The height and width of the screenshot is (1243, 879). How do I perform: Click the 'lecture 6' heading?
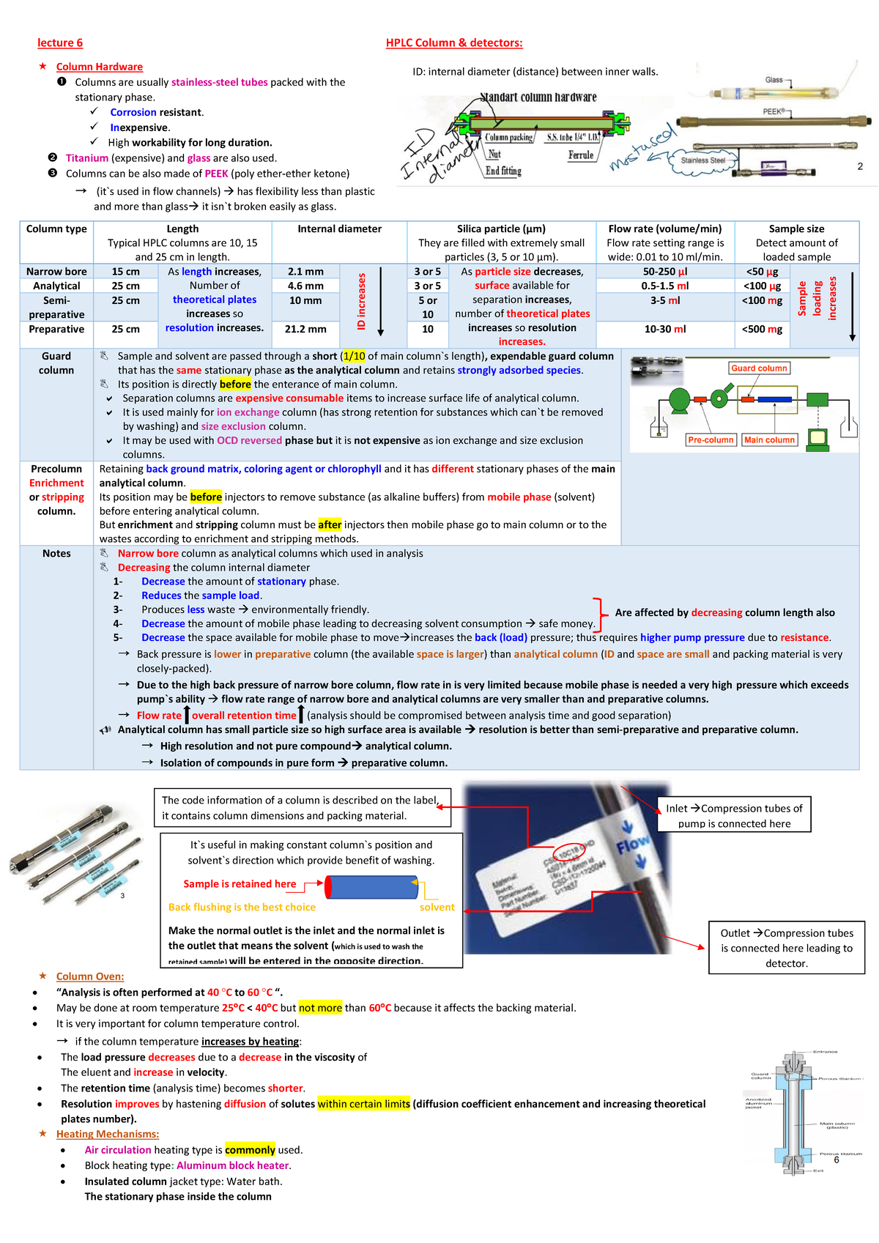click(60, 43)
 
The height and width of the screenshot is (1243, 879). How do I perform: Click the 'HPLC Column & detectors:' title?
click(454, 43)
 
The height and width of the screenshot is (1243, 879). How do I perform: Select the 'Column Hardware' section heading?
click(100, 67)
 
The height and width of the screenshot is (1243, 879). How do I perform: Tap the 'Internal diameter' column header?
click(339, 229)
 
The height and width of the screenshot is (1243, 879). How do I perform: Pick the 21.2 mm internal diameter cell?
click(305, 330)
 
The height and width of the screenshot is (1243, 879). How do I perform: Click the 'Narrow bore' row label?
click(56, 272)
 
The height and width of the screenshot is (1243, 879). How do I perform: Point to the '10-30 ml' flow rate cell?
click(665, 330)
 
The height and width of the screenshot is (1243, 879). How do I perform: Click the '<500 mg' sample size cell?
click(762, 330)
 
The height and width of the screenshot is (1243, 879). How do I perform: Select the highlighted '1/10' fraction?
click(354, 357)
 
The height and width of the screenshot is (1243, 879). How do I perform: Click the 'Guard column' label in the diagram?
click(759, 368)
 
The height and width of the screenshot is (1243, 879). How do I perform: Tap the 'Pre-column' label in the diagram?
click(711, 440)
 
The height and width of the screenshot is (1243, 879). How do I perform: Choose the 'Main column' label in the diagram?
click(769, 440)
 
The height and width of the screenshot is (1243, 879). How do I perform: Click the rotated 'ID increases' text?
click(362, 301)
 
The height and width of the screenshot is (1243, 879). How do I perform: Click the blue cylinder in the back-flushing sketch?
click(371, 887)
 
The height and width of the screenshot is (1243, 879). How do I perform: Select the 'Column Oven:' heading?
click(90, 976)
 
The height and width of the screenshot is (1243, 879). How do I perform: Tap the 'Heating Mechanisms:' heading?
click(108, 1135)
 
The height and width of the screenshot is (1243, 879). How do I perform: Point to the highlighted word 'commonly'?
click(250, 1150)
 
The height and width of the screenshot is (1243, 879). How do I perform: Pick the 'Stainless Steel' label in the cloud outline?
click(703, 160)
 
